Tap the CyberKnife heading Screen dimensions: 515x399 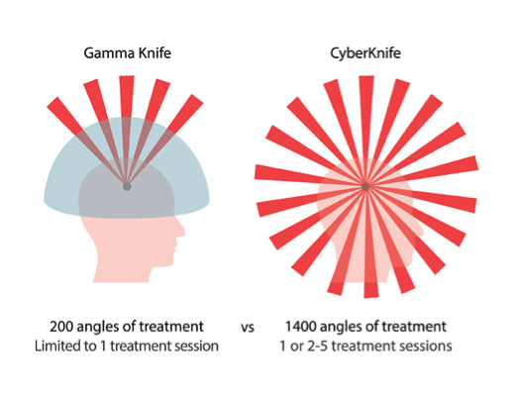click(x=365, y=53)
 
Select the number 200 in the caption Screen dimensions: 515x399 click(x=61, y=327)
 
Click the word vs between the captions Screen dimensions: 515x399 click(x=248, y=328)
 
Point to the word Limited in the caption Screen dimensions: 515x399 click(x=52, y=347)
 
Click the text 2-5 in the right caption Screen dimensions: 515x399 click(x=318, y=347)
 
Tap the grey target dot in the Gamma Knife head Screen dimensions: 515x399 click(x=127, y=187)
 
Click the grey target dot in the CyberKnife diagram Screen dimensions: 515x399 click(x=365, y=187)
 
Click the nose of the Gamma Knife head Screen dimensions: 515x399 click(x=181, y=228)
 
